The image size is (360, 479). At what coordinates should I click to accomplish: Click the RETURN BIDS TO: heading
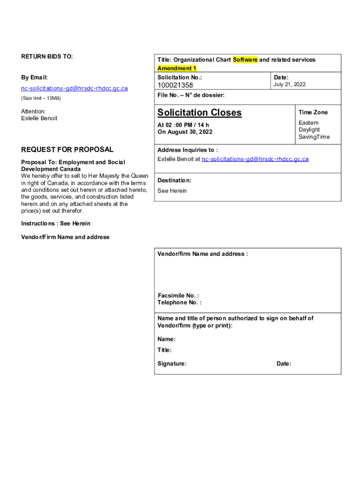click(x=47, y=57)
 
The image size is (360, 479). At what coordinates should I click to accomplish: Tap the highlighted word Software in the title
click(x=245, y=60)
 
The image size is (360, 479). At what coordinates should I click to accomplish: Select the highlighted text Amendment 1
click(x=177, y=68)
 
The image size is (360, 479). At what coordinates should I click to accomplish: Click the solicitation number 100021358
click(x=175, y=85)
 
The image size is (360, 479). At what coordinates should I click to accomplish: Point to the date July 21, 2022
click(x=289, y=84)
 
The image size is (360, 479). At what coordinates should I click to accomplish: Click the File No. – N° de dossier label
click(x=191, y=95)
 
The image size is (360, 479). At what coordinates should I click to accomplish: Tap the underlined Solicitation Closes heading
click(x=200, y=112)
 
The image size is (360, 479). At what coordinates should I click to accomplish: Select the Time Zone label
click(x=313, y=112)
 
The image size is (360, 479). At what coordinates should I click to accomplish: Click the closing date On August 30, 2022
click(x=185, y=132)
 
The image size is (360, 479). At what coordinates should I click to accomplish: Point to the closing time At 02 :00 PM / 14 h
click(x=183, y=125)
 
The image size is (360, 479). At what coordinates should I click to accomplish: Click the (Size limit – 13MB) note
click(x=41, y=98)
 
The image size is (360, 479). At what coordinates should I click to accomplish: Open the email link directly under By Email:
click(x=74, y=88)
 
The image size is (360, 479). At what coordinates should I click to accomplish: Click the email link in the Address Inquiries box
click(x=255, y=159)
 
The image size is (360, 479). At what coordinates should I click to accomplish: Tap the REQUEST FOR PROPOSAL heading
click(x=67, y=150)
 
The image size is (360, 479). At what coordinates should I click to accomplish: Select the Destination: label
click(x=174, y=180)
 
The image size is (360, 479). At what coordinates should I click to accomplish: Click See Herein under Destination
click(x=172, y=191)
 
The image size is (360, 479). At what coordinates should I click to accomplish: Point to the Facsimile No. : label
click(x=178, y=296)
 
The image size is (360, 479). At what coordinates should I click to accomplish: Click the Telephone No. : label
click(x=180, y=303)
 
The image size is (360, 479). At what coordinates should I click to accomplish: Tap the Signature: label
click(x=172, y=363)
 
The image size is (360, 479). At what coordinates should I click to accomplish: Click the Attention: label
click(x=33, y=111)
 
